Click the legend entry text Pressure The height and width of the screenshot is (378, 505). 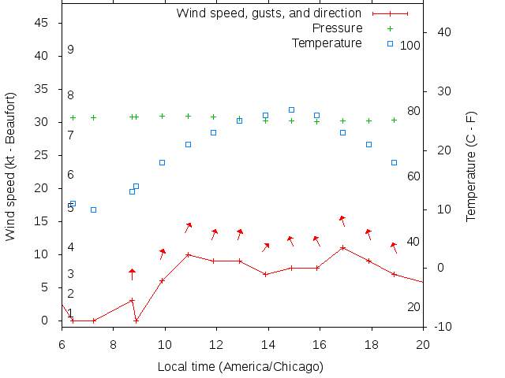337,28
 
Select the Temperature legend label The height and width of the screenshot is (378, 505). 327,43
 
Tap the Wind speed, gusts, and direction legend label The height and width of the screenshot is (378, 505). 268,13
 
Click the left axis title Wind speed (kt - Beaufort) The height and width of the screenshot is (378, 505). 10,166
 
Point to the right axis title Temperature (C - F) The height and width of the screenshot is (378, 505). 471,166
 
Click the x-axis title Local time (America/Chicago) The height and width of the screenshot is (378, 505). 241,366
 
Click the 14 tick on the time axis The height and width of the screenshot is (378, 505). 268,343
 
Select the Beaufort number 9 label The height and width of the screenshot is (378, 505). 70,50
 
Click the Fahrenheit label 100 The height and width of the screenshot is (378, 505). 410,46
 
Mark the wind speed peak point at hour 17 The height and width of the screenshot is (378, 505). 342,247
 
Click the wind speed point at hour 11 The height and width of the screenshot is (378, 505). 188,254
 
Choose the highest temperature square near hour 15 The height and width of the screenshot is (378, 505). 291,109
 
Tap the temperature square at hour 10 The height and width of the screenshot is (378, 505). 162,162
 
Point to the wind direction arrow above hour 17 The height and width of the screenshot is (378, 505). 342,220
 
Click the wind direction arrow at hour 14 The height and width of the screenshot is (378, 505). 266,247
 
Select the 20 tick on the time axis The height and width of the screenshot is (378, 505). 423,343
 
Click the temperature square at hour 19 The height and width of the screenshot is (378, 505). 394,162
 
